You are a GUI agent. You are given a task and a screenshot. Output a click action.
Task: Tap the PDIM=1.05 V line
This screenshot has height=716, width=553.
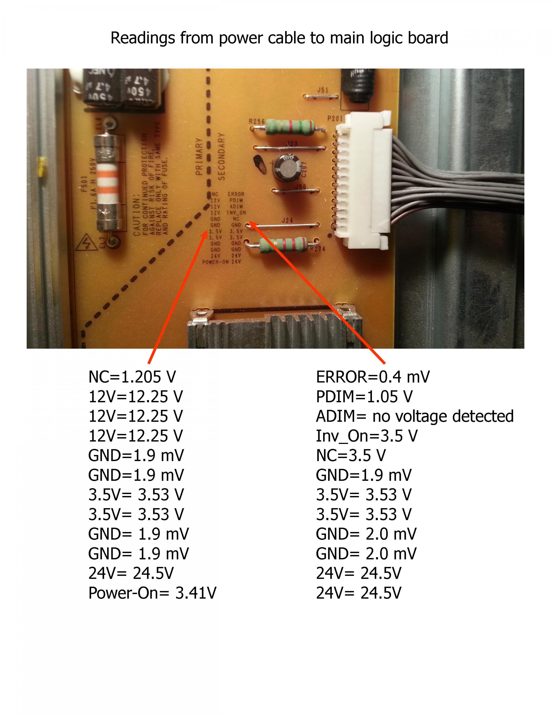(364, 397)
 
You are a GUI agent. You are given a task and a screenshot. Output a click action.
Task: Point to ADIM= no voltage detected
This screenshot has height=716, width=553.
(414, 416)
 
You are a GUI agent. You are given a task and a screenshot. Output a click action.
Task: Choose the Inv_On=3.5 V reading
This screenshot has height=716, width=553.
(367, 436)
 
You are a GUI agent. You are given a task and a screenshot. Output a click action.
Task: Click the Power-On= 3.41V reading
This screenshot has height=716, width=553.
(152, 593)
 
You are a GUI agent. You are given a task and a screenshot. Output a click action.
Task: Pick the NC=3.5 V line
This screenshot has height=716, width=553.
(351, 456)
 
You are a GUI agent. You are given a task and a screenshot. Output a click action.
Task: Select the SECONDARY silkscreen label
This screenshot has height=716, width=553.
(221, 156)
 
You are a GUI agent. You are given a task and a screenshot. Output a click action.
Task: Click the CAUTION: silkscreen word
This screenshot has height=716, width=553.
(137, 216)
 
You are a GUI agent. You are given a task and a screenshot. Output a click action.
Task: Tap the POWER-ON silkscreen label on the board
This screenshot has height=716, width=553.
(215, 262)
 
